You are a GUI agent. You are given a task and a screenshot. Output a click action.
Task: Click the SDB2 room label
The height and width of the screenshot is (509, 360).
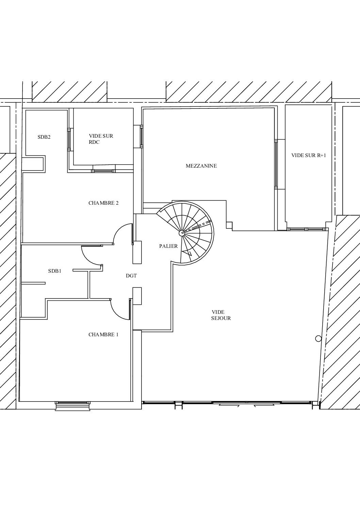click(x=44, y=137)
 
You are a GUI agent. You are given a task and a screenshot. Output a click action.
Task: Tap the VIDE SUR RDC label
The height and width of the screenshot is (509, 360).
click(x=101, y=139)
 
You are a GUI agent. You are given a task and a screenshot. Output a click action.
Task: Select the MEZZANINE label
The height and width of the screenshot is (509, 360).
click(x=201, y=166)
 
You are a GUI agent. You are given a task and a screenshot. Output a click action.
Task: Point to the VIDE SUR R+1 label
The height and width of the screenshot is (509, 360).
click(x=309, y=155)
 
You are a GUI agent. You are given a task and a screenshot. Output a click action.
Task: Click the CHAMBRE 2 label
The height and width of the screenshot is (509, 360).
click(x=103, y=203)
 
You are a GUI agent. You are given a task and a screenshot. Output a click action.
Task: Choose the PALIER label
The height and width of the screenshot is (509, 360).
click(x=168, y=246)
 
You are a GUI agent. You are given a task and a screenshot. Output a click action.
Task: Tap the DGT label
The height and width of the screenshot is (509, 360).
click(x=131, y=276)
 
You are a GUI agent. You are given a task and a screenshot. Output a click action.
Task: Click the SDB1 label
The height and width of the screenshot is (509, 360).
click(x=54, y=271)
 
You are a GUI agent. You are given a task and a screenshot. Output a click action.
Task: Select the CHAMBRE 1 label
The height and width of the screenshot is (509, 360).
click(x=103, y=335)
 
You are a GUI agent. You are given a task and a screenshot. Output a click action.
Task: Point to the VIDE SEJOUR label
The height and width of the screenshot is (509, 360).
click(x=221, y=315)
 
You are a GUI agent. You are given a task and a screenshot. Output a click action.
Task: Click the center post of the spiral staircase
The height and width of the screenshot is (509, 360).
click(x=182, y=233)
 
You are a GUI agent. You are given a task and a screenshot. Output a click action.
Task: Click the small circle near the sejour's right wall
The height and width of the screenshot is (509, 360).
click(x=318, y=339)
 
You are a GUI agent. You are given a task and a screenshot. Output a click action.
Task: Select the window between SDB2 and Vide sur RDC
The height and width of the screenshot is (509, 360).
click(x=69, y=140)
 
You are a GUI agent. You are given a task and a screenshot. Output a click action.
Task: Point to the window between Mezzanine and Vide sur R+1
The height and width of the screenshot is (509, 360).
click(x=276, y=164)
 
